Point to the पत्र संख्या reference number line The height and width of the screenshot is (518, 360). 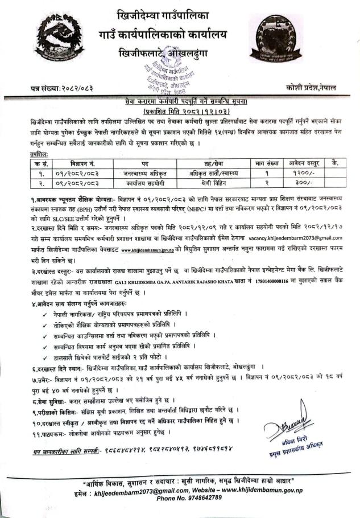(x=62, y=89)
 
